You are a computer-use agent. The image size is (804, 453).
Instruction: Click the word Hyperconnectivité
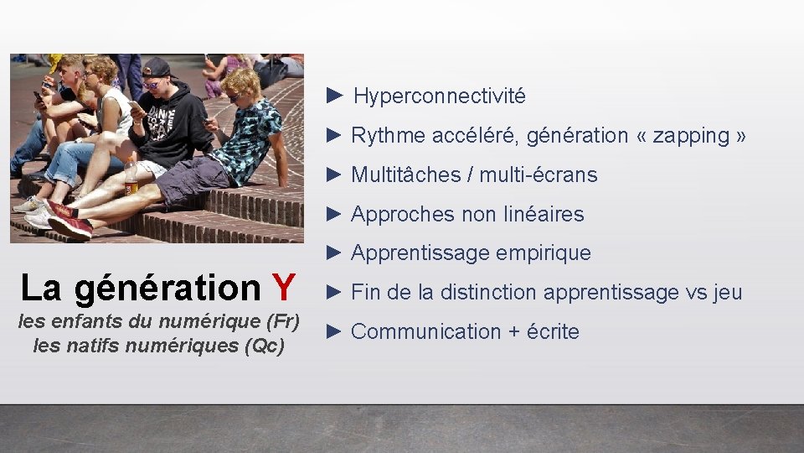tap(440, 96)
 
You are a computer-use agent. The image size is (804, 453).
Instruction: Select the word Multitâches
tap(403, 174)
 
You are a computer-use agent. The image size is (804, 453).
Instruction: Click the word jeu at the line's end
tap(728, 293)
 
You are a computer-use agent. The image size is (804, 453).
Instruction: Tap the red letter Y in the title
tap(283, 288)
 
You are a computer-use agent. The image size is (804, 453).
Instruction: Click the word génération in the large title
tap(167, 288)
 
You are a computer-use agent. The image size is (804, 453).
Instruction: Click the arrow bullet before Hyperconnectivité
tap(335, 96)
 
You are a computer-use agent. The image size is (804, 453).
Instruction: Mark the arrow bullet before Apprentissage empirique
tap(335, 253)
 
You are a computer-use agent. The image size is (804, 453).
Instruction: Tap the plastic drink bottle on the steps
tap(131, 178)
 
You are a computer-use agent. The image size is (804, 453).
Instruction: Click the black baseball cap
tap(157, 68)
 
